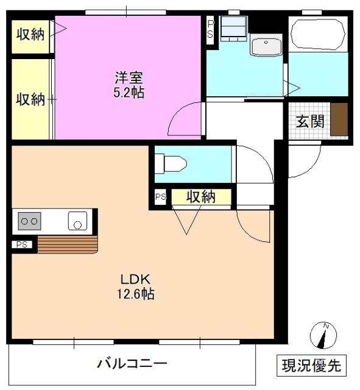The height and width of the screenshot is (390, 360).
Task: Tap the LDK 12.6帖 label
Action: coord(136,286)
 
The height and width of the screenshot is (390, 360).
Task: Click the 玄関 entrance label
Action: coord(310,121)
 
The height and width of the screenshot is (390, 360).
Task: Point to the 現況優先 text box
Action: coord(312,366)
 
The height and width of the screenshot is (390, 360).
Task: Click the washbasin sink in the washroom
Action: coord(266,45)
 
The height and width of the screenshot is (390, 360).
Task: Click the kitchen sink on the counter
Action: coord(77,221)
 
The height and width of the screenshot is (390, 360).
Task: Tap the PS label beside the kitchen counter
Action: coord(22,245)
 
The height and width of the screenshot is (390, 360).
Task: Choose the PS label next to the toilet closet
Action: coord(160,197)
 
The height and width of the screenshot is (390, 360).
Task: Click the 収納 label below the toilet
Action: coord(201,197)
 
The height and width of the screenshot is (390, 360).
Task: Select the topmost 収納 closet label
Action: coord(30,35)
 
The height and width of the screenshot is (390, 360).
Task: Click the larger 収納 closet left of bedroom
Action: coord(30,99)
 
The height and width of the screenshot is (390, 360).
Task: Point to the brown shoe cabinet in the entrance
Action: coord(339,119)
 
